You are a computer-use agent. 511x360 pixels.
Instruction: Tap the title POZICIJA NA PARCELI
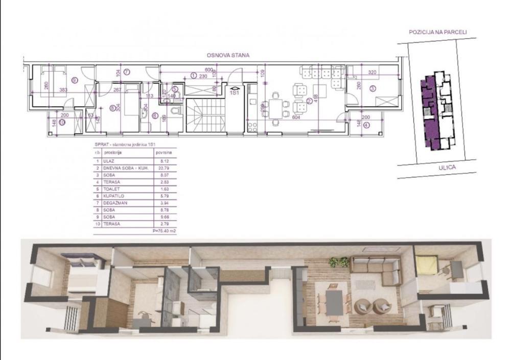pyautogui.click(x=438, y=32)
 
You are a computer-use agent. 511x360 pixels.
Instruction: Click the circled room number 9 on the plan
pyautogui.click(x=75, y=80)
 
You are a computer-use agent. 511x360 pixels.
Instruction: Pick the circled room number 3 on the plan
pyautogui.click(x=373, y=88)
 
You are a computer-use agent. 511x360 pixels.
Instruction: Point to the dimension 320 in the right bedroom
pyautogui.click(x=372, y=73)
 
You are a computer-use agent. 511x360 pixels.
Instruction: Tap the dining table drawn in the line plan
pyautogui.click(x=276, y=108)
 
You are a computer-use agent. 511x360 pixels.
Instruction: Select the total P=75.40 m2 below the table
pyautogui.click(x=164, y=231)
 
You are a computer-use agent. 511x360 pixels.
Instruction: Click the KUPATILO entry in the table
pyautogui.click(x=115, y=195)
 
